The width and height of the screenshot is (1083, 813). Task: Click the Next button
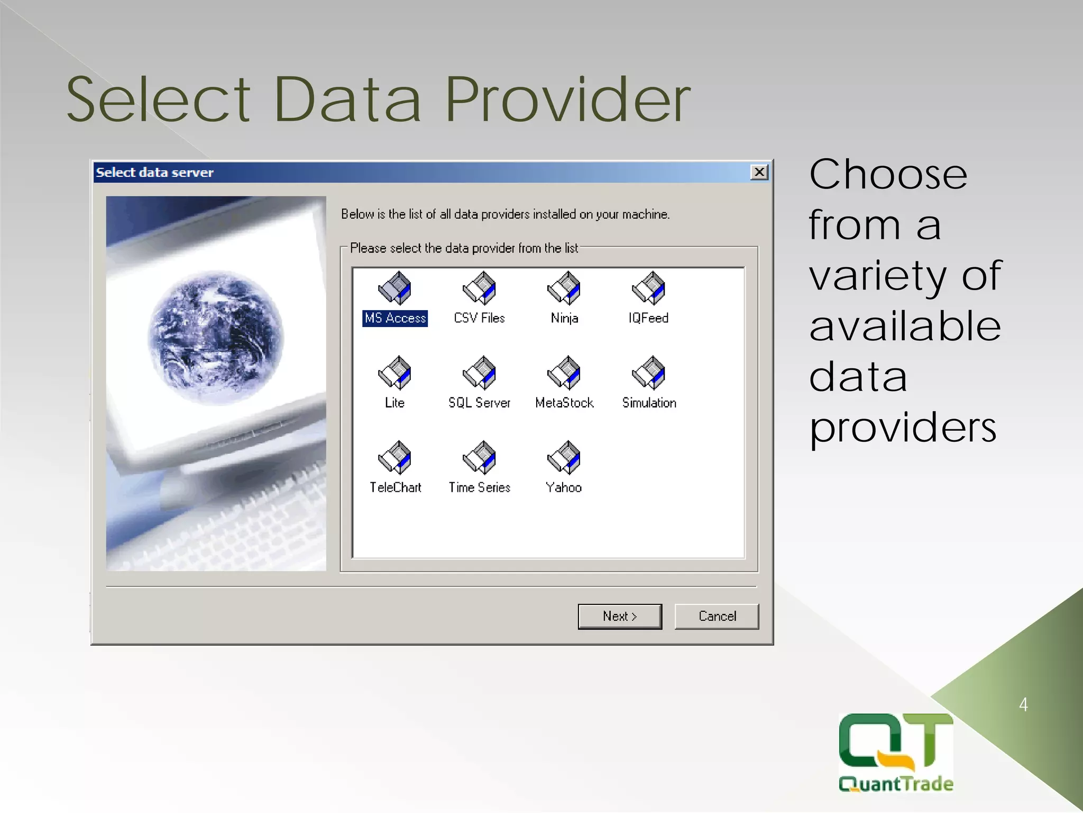tap(620, 616)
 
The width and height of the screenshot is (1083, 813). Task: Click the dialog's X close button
tap(759, 172)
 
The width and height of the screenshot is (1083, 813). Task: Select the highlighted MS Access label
tap(395, 318)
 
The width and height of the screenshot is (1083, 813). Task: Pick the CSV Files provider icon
tap(480, 288)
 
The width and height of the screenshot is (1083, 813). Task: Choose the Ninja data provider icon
tap(564, 288)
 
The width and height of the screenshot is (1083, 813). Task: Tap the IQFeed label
tap(649, 318)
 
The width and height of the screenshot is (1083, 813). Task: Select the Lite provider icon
tap(394, 373)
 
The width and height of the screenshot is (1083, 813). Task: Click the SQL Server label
tap(480, 403)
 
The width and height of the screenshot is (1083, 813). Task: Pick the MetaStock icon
tap(564, 373)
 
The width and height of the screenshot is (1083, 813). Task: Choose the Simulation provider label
tap(649, 403)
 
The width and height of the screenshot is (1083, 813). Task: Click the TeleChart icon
tap(394, 458)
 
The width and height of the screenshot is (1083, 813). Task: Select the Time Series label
tap(480, 487)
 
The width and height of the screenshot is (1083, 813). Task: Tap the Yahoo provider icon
tap(564, 458)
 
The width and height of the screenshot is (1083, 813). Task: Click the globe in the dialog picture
tap(216, 338)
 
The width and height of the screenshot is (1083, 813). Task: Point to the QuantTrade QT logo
tap(896, 752)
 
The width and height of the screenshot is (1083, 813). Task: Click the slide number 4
tap(1023, 705)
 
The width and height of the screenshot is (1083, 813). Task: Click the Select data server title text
tap(155, 173)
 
